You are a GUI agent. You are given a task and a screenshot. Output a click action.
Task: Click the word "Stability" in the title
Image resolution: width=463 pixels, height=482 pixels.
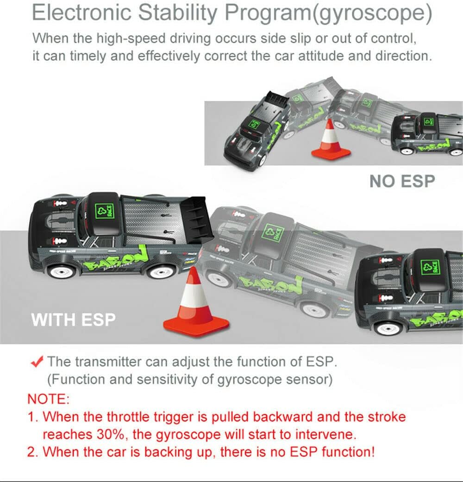[x=178, y=13]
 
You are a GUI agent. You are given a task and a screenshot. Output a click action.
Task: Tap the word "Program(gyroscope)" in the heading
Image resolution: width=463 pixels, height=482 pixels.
[x=328, y=14]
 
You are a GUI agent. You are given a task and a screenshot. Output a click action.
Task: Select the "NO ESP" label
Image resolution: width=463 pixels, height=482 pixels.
[x=402, y=181]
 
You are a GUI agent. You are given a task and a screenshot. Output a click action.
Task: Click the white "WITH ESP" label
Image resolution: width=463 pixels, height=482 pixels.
[x=73, y=319]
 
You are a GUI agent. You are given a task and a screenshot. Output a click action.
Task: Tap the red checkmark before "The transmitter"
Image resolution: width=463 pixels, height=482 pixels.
[x=37, y=362]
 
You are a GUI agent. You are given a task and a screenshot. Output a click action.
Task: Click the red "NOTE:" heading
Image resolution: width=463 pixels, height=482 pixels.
[x=48, y=399]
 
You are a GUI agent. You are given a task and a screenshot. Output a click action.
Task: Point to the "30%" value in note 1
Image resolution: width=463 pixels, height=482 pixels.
[x=111, y=434]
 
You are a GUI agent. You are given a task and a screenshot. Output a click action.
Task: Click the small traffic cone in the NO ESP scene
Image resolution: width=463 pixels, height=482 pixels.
[x=331, y=140]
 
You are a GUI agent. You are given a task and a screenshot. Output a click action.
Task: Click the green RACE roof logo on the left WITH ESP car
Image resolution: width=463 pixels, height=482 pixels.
[x=105, y=211]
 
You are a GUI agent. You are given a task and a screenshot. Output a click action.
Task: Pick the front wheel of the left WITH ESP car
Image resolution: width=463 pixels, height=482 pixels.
[x=62, y=272]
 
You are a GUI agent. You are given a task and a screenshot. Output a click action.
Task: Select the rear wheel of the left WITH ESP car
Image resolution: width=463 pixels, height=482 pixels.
[x=161, y=272]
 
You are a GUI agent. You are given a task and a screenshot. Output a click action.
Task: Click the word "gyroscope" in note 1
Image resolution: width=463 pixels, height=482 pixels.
[x=188, y=435]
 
